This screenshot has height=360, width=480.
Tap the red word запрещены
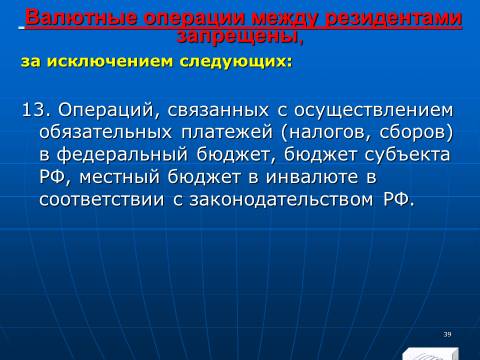click(x=240, y=36)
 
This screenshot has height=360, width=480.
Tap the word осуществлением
click(x=374, y=111)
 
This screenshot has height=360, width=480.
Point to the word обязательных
click(x=106, y=133)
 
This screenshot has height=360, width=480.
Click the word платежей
click(x=227, y=133)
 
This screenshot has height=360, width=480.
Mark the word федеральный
click(x=122, y=155)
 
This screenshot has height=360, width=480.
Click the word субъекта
click(x=407, y=155)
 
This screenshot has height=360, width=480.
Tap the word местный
click(x=119, y=177)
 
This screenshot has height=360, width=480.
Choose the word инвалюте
click(x=312, y=177)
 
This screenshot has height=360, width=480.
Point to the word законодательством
click(x=281, y=200)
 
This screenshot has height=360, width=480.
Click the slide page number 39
click(x=447, y=334)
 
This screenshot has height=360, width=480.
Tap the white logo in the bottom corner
click(x=430, y=354)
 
